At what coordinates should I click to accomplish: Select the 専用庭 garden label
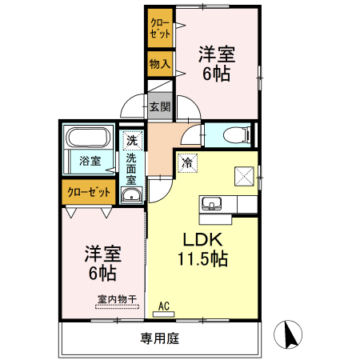tap(159, 338)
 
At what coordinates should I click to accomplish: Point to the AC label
tap(164, 305)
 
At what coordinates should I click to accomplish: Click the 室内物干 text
tap(117, 298)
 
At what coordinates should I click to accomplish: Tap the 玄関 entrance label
tap(159, 106)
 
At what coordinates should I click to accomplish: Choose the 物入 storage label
tap(159, 63)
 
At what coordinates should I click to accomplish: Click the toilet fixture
tap(234, 134)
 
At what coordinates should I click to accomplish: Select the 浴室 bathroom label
tap(90, 161)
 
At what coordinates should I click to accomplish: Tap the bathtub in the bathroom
tap(89, 136)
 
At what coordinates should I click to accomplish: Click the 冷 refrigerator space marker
tap(187, 162)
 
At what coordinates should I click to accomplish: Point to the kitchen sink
tap(212, 202)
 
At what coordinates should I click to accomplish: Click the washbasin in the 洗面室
tap(131, 195)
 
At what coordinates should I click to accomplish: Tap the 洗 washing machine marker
tap(132, 141)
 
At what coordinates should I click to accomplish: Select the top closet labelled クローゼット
tap(159, 29)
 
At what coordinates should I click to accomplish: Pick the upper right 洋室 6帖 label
tap(216, 64)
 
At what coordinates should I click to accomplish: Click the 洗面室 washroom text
tap(131, 169)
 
